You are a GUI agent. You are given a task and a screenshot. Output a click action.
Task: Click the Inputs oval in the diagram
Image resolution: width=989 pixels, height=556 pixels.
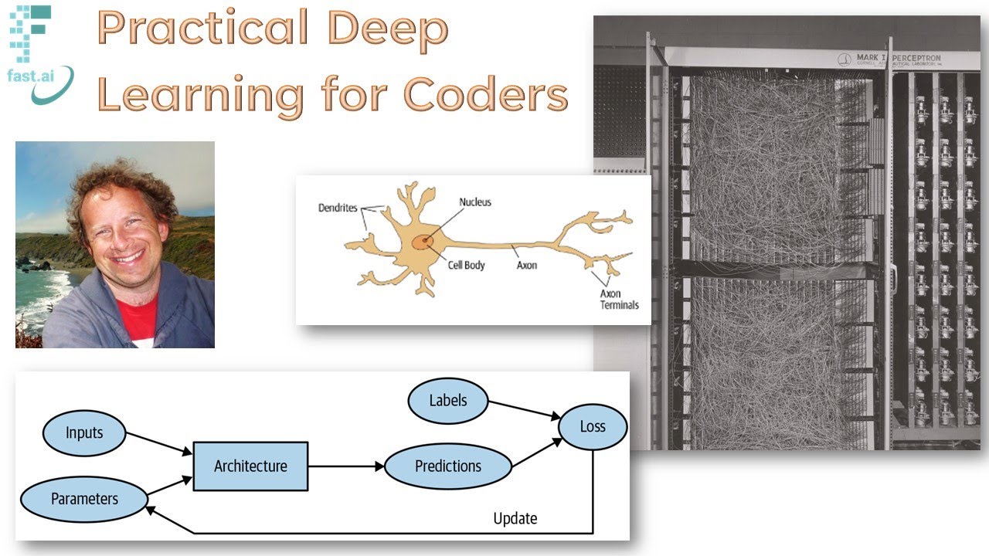(x=84, y=432)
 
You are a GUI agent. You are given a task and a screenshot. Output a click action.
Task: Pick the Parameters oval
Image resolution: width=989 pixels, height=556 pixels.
(x=84, y=499)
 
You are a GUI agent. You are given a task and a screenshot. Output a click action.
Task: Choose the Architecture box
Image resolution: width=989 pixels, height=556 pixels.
(x=250, y=466)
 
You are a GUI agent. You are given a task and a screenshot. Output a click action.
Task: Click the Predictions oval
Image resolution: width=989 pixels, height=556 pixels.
(x=448, y=466)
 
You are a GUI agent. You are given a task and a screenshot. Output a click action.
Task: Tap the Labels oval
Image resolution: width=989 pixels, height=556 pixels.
(x=448, y=400)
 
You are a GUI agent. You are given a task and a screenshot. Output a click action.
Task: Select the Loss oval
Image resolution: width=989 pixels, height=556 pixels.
(x=593, y=426)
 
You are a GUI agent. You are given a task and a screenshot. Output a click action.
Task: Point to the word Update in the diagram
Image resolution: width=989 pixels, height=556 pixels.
(x=515, y=518)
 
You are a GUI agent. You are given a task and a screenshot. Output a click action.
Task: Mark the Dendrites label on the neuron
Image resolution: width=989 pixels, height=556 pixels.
(x=338, y=208)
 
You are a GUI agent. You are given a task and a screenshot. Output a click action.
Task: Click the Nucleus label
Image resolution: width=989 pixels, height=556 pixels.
(x=475, y=202)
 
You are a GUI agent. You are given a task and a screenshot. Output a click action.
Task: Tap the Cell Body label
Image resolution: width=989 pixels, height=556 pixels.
(x=467, y=265)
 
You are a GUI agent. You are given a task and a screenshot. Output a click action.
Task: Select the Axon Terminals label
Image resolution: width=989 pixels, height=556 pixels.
(x=620, y=299)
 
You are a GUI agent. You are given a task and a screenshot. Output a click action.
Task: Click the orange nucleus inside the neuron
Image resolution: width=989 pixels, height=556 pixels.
(x=422, y=242)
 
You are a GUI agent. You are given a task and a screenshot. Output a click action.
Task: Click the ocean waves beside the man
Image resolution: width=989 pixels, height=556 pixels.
(x=35, y=301)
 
